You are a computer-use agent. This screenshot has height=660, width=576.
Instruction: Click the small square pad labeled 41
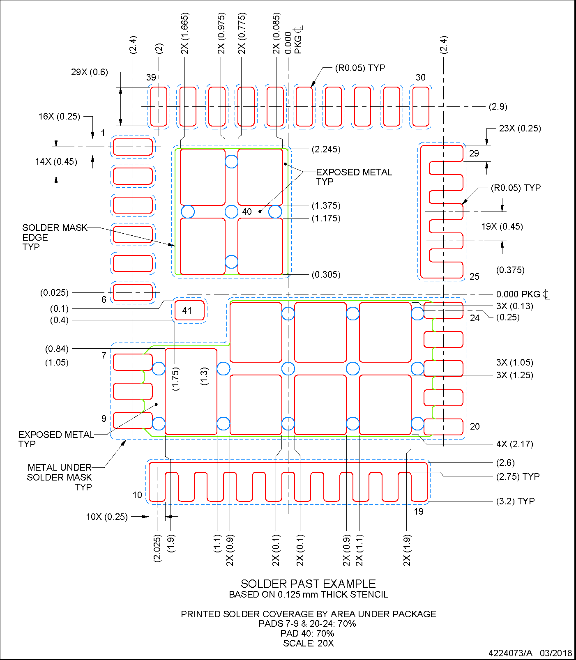(x=189, y=310)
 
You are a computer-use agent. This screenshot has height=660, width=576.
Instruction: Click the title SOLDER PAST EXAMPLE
(x=308, y=584)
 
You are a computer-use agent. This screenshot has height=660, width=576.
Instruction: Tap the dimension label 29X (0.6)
(x=89, y=72)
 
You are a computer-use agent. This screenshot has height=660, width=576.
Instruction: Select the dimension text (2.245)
(x=326, y=149)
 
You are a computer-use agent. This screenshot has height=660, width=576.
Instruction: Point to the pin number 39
(x=151, y=77)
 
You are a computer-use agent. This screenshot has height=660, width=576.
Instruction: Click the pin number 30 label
(x=420, y=77)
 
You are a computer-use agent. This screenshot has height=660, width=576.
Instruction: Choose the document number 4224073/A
(x=510, y=653)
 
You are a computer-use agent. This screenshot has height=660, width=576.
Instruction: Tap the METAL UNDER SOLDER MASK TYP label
(x=60, y=477)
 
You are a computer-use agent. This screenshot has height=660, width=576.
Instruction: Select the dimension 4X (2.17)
(x=514, y=444)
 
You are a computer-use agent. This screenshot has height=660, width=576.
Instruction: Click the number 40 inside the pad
(x=247, y=212)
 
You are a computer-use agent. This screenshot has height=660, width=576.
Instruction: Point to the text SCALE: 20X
(x=308, y=643)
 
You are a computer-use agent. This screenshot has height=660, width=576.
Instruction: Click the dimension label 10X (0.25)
(x=107, y=517)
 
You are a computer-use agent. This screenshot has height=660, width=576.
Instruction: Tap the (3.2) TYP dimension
(x=515, y=501)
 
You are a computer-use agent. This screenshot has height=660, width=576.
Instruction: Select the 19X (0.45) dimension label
(x=502, y=226)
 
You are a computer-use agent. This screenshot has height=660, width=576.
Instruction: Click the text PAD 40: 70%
(x=307, y=633)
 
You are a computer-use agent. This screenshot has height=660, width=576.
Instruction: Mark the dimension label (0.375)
(x=510, y=270)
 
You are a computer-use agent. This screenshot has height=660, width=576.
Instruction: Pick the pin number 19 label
(x=418, y=511)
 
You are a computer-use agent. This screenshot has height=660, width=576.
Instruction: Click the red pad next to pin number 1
(x=133, y=147)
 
